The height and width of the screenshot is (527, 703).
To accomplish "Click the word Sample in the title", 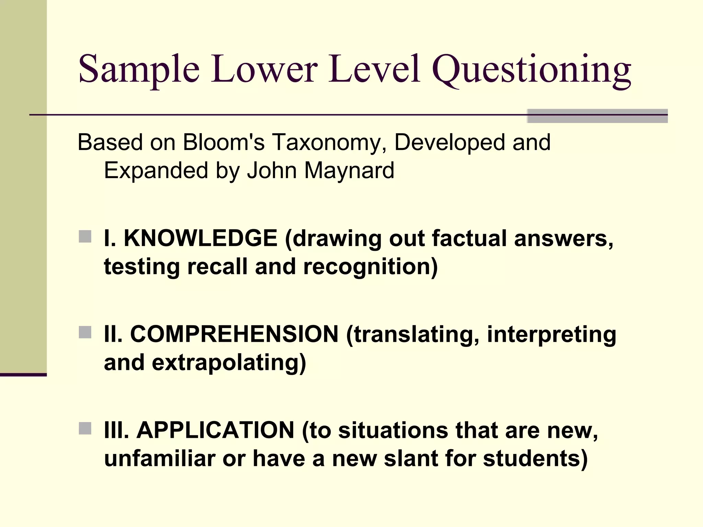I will (139, 70).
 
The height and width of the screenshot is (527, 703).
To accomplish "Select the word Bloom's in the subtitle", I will (223, 142).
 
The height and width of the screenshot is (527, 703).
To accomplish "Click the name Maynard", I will (349, 171).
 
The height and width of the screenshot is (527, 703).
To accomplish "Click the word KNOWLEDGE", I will (200, 238).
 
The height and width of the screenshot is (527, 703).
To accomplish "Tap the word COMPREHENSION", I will (234, 334).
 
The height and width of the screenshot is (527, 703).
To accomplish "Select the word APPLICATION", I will (215, 430).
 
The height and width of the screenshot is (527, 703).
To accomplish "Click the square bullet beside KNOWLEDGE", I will (85, 237).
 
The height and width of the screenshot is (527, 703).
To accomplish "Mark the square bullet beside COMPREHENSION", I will (85, 332).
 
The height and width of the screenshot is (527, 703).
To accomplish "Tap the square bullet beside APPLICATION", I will (85, 429).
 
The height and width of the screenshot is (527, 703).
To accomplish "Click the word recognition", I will (370, 267).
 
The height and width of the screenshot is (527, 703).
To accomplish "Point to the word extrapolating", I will (229, 363).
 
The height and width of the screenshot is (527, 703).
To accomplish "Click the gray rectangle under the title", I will (597, 116).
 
